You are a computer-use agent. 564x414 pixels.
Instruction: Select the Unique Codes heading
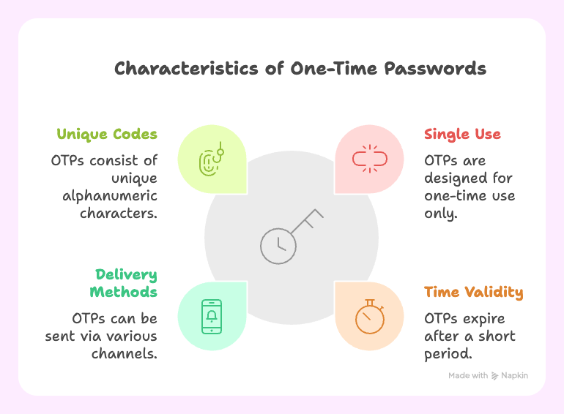click(x=107, y=135)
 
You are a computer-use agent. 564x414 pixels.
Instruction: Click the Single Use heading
click(x=462, y=135)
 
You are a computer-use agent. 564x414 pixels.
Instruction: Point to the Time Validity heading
click(x=473, y=293)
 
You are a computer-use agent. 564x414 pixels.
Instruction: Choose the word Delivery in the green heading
click(x=126, y=274)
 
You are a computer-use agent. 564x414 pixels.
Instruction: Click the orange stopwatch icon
click(x=368, y=316)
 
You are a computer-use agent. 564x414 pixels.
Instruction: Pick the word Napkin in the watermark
click(x=515, y=375)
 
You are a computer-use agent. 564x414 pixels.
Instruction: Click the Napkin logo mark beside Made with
click(x=495, y=375)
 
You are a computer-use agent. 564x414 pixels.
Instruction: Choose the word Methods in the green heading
click(x=123, y=293)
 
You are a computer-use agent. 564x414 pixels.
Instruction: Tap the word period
click(x=448, y=354)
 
